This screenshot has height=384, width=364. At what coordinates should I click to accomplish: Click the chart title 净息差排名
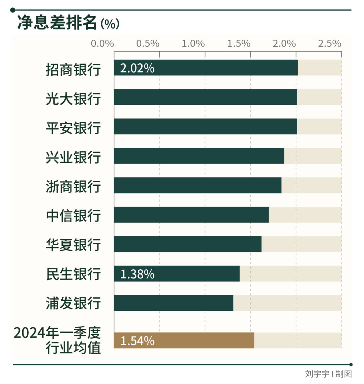(57, 23)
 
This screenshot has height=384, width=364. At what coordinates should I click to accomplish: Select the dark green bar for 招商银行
(206, 68)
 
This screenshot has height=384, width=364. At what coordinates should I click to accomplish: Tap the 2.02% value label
(137, 68)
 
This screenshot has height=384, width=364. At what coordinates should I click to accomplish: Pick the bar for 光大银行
(205, 97)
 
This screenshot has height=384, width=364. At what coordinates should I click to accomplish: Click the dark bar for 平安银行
(205, 126)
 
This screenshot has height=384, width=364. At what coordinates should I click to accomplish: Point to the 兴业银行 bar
(199, 156)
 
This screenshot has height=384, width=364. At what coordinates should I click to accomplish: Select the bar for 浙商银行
(198, 185)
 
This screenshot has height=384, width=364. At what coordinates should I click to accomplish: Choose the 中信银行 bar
(191, 215)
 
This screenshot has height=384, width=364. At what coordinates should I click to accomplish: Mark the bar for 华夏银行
(187, 244)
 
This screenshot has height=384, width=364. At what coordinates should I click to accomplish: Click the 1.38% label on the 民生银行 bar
(137, 274)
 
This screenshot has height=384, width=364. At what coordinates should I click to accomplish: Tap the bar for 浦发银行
(173, 303)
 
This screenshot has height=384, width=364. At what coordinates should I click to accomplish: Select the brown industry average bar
(184, 341)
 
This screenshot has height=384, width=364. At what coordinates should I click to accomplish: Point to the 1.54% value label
(137, 341)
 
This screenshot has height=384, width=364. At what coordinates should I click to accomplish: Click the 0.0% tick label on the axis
(102, 43)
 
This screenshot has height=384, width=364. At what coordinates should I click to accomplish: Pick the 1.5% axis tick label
(239, 43)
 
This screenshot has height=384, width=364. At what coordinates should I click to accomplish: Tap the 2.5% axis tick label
(330, 43)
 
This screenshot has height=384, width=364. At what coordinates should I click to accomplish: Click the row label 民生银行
(73, 274)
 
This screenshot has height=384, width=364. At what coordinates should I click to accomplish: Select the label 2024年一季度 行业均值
(57, 341)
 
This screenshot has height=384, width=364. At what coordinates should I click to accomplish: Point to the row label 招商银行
(73, 69)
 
